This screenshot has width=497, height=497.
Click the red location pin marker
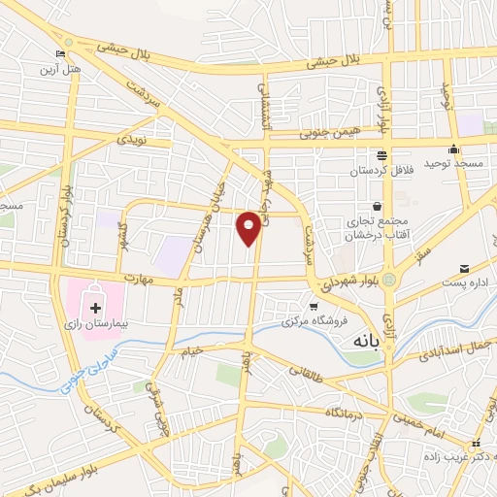(249, 227)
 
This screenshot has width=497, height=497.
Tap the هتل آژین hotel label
(61, 69)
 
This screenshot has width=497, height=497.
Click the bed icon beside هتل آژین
(61, 54)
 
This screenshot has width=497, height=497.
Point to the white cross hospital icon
(94, 309)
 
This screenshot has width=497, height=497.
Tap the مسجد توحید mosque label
(454, 165)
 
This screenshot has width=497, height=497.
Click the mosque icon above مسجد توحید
(453, 149)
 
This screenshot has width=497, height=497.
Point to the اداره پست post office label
(462, 282)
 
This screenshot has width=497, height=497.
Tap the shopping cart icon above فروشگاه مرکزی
(313, 308)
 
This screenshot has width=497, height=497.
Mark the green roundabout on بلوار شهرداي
(388, 281)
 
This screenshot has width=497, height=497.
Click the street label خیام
(192, 349)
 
